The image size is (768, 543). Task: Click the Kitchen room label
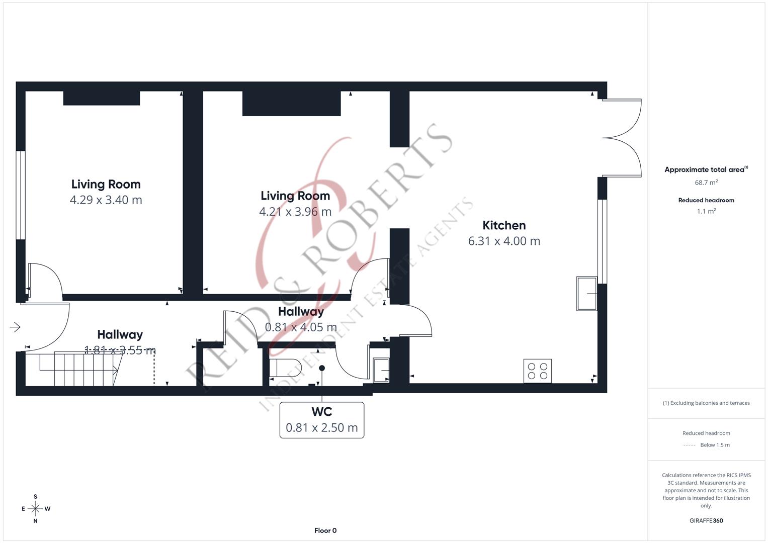[x=503, y=225]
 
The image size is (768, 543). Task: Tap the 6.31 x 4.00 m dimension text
[x=504, y=241]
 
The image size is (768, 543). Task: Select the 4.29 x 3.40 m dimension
[x=106, y=200]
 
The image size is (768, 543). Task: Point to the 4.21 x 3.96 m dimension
[x=295, y=212]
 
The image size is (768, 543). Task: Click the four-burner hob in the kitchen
[x=537, y=371]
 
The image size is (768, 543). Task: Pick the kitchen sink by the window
[x=586, y=294]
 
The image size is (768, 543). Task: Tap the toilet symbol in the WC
[x=285, y=368]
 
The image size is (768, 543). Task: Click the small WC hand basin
[x=381, y=370]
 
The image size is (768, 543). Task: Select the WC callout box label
[x=321, y=420]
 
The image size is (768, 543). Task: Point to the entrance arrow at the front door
[x=15, y=327]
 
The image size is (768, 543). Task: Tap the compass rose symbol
[x=35, y=509]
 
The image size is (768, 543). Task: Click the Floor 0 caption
[x=325, y=530]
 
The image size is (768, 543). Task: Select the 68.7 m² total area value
[x=706, y=183]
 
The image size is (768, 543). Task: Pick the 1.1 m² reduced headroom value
[x=706, y=211]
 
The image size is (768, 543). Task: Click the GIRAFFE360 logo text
[x=706, y=520]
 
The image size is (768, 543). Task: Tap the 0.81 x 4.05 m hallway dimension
[x=301, y=327]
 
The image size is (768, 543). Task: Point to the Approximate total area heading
[x=706, y=169]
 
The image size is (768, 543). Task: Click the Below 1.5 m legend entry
[x=715, y=445]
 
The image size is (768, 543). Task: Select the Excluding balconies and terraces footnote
[x=706, y=403]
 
